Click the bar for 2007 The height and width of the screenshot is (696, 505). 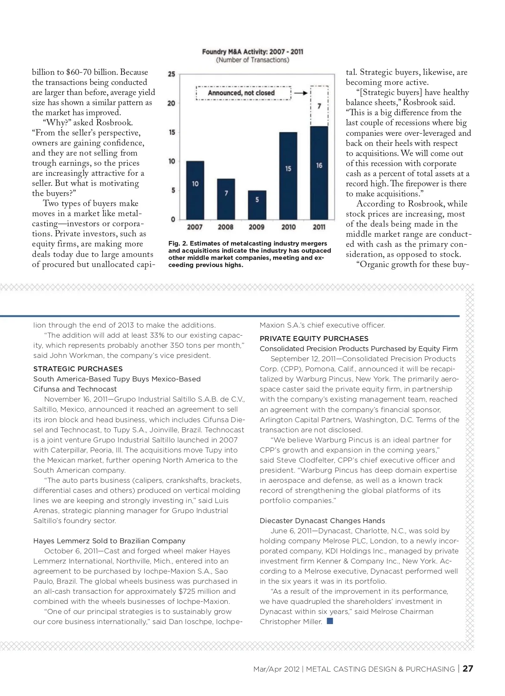(x=195, y=190)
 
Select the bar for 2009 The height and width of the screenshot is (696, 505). (x=257, y=205)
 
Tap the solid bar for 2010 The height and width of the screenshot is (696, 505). (x=288, y=176)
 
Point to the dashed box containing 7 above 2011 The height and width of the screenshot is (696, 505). (x=319, y=106)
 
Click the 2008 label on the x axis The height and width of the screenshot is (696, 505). (x=226, y=227)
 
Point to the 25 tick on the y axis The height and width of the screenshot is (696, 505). (x=172, y=74)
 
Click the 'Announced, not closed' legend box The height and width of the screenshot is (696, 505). (x=243, y=93)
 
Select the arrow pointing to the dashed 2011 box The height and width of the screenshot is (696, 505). (x=300, y=93)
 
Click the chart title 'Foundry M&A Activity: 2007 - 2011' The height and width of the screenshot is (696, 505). (x=252, y=52)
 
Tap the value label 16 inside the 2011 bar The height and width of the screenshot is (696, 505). (x=319, y=166)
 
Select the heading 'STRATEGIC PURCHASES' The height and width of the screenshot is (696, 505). (x=78, y=369)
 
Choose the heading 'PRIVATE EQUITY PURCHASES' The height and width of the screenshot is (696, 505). (x=314, y=339)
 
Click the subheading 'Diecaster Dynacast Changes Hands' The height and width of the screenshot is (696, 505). (x=322, y=521)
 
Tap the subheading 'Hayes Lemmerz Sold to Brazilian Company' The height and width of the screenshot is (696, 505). (x=109, y=541)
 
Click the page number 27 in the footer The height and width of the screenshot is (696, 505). (x=468, y=669)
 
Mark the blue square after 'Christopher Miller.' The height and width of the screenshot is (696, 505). (x=330, y=621)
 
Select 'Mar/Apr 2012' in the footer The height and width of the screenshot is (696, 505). (x=276, y=669)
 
